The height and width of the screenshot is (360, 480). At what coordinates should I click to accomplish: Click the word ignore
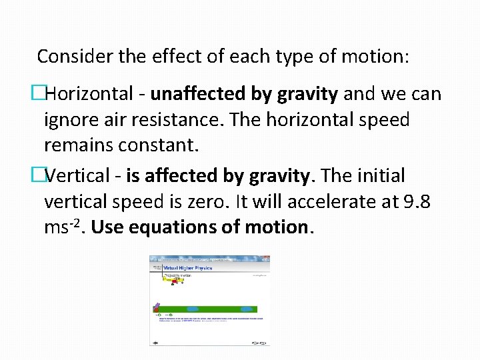(x=69, y=120)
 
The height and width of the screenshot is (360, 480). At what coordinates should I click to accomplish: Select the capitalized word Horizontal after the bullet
(x=89, y=95)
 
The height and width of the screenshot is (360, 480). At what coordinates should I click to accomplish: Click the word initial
(x=383, y=177)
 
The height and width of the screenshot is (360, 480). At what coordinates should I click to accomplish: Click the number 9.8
(x=420, y=202)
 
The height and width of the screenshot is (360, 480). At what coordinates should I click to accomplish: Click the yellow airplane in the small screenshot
(x=175, y=281)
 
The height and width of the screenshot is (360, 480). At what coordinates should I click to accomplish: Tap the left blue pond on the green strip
(x=193, y=309)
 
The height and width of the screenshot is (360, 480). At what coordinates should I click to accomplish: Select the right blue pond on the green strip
(x=247, y=309)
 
